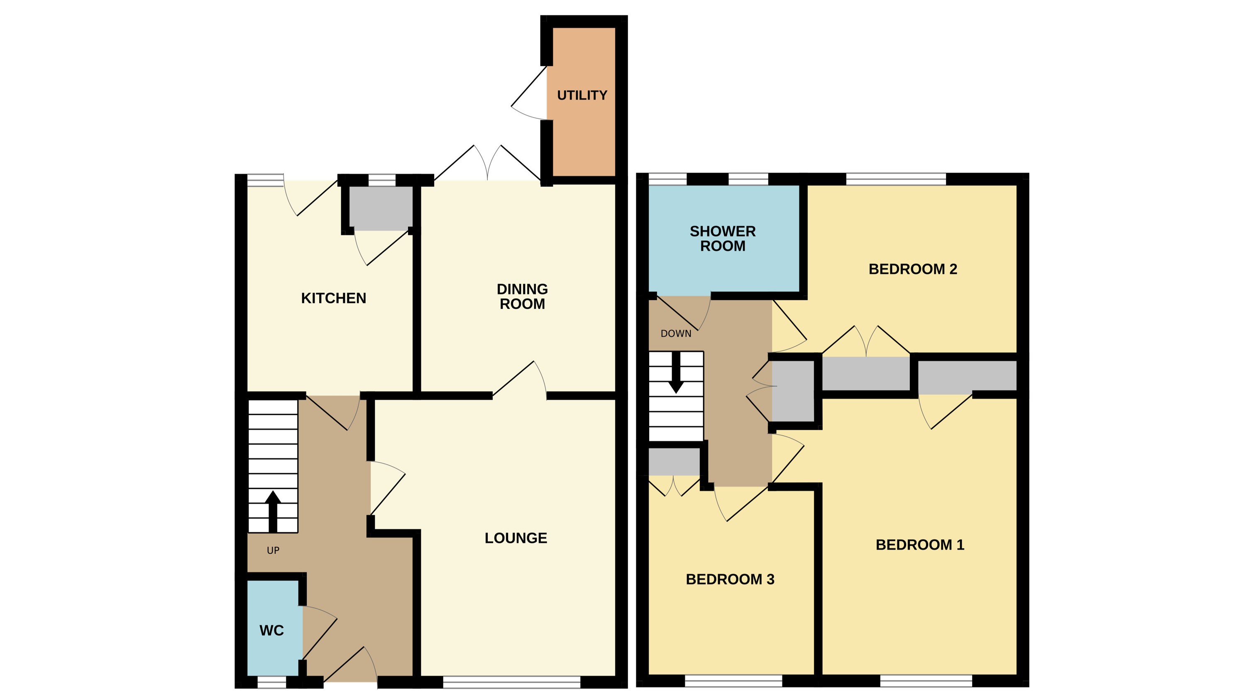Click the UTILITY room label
[582, 95]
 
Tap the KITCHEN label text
[333, 298]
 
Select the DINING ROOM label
[522, 296]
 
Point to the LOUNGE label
[516, 538]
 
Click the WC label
[271, 631]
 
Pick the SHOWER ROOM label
[722, 239]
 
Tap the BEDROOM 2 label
[912, 269]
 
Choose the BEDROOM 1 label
[920, 545]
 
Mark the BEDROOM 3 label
[730, 579]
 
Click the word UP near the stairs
[273, 550]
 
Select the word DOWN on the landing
[676, 333]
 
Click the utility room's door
[529, 94]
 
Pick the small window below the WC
[272, 682]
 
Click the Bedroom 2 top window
[896, 179]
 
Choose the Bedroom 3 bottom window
[733, 681]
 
